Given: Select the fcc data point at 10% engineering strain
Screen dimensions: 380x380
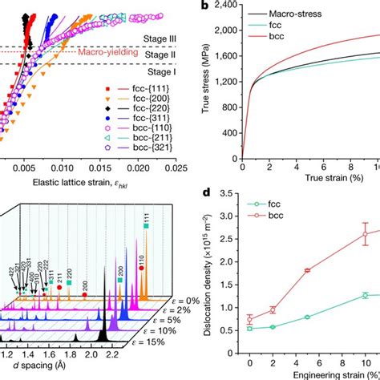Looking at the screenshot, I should pyautogui.click(x=365, y=295).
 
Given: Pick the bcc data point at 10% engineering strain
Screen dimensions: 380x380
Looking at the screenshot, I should pyautogui.click(x=365, y=234).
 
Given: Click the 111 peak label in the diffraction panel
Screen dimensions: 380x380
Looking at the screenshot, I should pyautogui.click(x=146, y=217).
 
